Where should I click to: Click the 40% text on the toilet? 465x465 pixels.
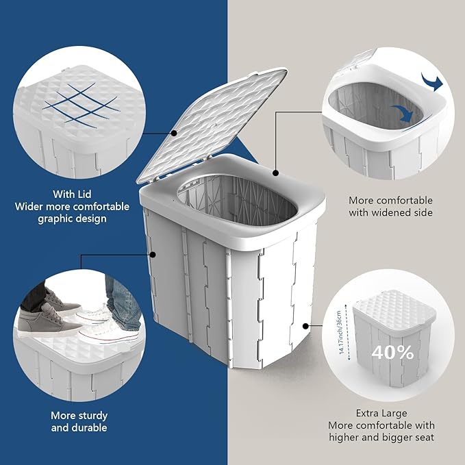tap(393, 353)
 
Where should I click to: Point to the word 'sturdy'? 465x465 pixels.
tap(92, 416)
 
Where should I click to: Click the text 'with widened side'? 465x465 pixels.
tap(390, 212)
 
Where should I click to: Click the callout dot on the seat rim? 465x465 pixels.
tap(275, 174)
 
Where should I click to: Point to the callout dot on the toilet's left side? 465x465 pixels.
tap(153, 254)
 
